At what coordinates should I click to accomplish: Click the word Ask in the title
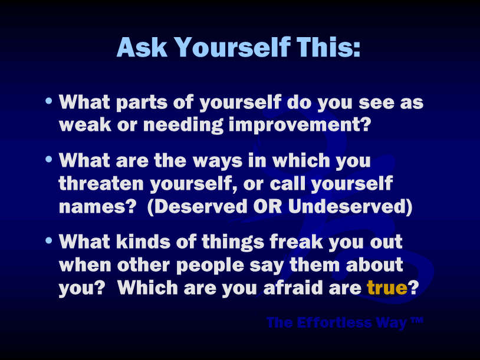coord(142,47)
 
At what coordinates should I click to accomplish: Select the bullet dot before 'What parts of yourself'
coord(49,101)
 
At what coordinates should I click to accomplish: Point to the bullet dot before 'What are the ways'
coord(49,159)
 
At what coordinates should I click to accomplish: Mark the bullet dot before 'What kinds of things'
coord(49,240)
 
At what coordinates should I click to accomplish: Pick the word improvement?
coord(300,125)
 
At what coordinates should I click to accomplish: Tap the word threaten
coord(101,183)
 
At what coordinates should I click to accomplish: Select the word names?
coord(97,207)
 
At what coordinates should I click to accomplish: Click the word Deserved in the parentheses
coord(201,206)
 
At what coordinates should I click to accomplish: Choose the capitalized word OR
coord(268,206)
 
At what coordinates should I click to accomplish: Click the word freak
coord(297,242)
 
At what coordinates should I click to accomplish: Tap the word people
coord(210,266)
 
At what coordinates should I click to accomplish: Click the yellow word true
coord(387,288)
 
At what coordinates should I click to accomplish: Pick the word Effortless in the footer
coord(334,322)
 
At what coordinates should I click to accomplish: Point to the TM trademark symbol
coord(417,320)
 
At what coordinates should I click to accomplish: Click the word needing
coord(183,125)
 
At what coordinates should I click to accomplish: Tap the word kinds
coord(143,242)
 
